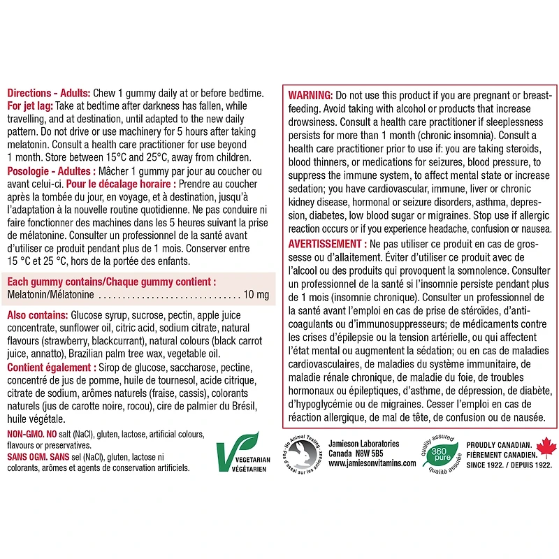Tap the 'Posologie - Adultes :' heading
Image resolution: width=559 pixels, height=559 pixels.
(x=54, y=171)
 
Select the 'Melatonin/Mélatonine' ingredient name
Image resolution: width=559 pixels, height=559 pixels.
(x=50, y=295)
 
